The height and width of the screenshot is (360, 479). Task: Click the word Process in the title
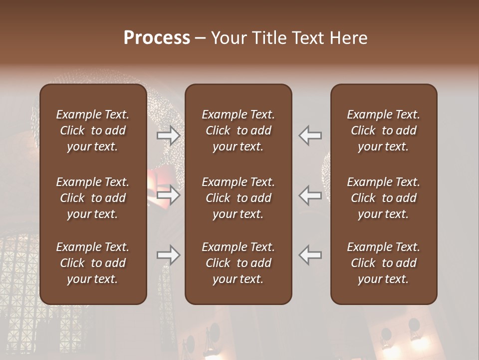tap(157, 38)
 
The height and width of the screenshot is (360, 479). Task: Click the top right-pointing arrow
tap(169, 135)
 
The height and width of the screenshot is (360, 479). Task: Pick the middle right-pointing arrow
tap(169, 195)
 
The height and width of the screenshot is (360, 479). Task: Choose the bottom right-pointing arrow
tap(169, 255)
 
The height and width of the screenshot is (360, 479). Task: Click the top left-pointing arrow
tap(310, 135)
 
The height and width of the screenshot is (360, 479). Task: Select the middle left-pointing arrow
tap(310, 195)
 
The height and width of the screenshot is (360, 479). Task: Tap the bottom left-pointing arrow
tap(310, 255)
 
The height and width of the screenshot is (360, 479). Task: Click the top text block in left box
tap(93, 130)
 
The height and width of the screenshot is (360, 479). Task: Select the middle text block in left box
tap(93, 198)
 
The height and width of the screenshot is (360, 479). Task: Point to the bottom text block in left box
tap(93, 263)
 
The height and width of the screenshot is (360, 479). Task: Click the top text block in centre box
tap(239, 130)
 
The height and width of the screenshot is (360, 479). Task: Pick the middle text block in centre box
tap(239, 198)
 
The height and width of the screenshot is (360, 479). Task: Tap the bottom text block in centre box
tap(239, 263)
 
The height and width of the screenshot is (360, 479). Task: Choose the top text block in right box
tap(384, 130)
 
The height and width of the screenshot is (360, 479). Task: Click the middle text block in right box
tap(384, 198)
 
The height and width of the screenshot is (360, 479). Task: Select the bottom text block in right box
tap(384, 263)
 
